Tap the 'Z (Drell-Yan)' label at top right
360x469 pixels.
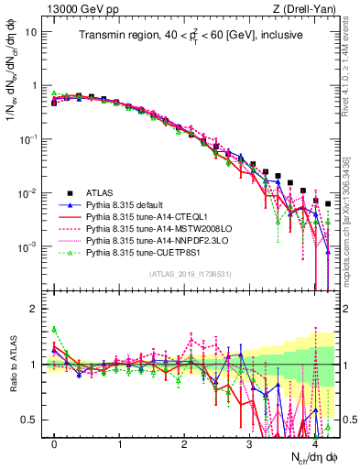click(306, 10)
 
